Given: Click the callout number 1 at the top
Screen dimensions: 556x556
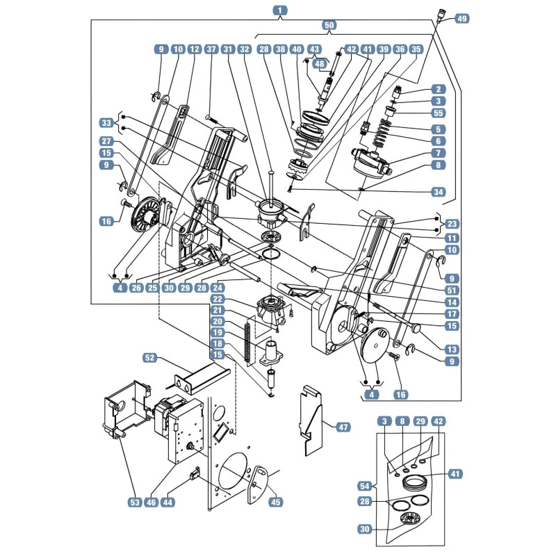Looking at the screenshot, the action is (x=280, y=10).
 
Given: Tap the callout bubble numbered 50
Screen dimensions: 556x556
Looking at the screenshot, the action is (x=329, y=25).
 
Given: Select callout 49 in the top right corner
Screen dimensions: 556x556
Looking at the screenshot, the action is (x=462, y=18).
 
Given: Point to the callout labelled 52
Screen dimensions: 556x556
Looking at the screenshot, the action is (x=150, y=357).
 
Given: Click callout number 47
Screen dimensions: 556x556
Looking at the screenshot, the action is (x=343, y=427).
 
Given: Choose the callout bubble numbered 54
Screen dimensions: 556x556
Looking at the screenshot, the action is (x=365, y=486).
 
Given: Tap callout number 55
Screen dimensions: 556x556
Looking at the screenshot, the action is (x=439, y=113).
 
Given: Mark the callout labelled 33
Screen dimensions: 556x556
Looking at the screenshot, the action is (x=106, y=123).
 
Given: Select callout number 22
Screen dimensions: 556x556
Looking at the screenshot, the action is (x=218, y=299).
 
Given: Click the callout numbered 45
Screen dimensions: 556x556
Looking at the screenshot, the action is (x=275, y=502).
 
